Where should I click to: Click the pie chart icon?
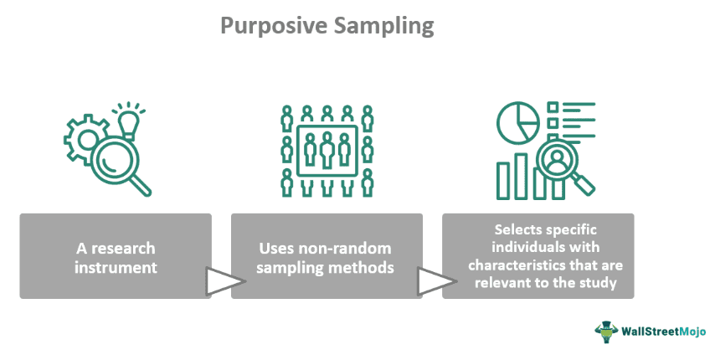(518, 122)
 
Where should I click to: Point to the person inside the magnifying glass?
(556, 161)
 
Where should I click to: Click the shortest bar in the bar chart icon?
(503, 181)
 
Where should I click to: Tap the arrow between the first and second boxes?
(225, 281)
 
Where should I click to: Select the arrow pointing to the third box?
(437, 281)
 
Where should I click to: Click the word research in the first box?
(123, 249)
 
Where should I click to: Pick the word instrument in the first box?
(116, 267)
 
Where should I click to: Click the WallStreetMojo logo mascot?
(606, 332)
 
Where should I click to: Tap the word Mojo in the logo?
(692, 332)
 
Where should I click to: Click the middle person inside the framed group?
(327, 149)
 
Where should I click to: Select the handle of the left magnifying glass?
(140, 185)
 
